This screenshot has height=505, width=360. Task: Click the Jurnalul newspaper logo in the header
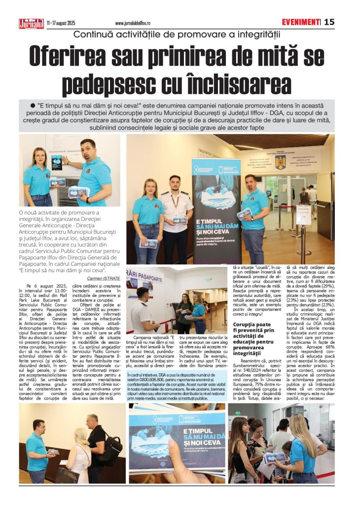tap(31, 23)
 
